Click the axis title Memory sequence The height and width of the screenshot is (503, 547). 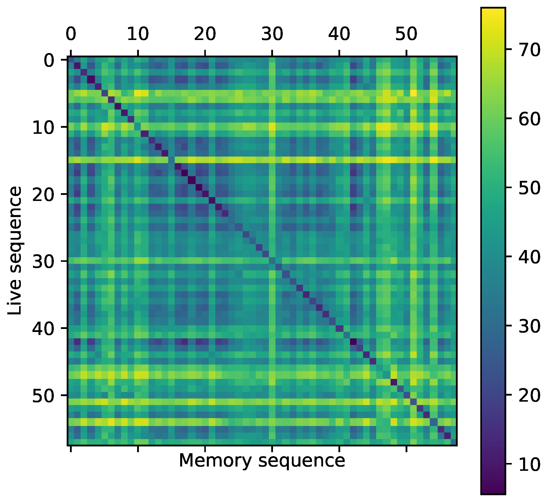tap(262, 460)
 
